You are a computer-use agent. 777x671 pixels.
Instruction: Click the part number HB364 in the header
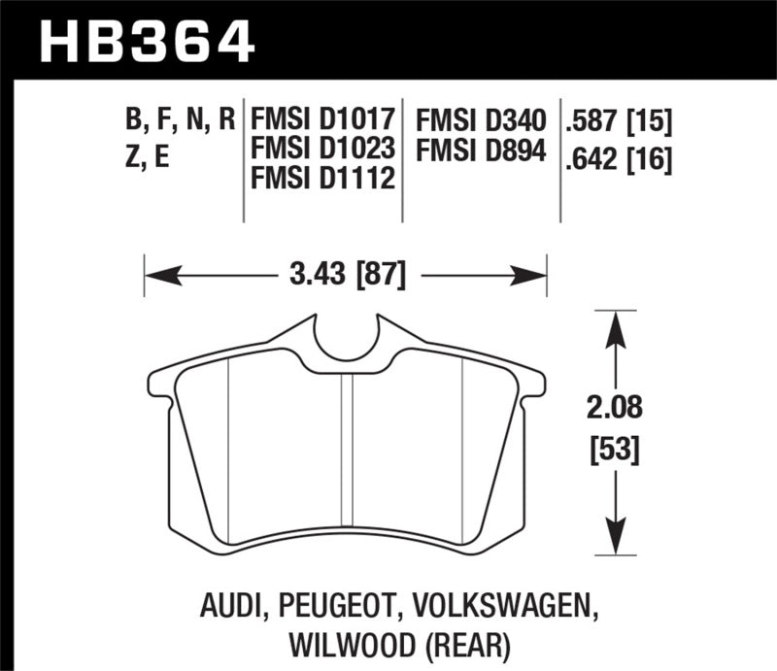point(145,42)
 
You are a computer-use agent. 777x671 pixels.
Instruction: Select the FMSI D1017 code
point(322,121)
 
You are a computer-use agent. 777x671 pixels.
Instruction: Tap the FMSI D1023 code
point(322,151)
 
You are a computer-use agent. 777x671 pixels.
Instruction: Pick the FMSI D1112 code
point(322,180)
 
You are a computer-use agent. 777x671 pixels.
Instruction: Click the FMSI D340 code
point(481,121)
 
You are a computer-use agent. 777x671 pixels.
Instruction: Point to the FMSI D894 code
point(481,151)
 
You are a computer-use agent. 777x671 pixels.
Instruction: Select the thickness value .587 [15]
point(619,121)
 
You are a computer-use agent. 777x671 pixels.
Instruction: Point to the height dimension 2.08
point(614,407)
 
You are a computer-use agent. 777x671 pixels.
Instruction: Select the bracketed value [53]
point(614,451)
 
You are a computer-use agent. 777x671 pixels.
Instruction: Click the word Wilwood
point(338,642)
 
